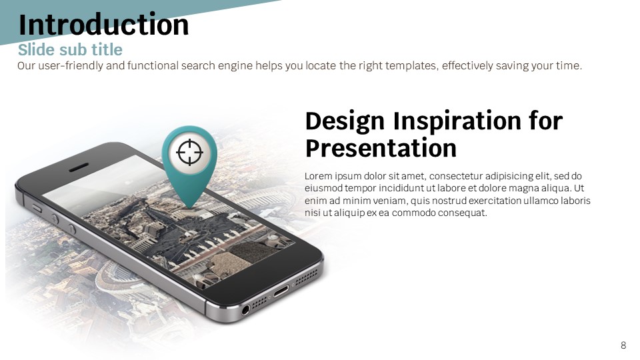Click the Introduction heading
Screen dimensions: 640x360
coord(104,25)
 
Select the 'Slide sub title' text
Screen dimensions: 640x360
coord(70,50)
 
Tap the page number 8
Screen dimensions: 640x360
coord(623,345)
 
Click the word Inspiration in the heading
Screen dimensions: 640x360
coord(457,121)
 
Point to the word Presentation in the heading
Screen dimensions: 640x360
coord(381,148)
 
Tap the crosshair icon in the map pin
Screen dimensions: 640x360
coord(189,152)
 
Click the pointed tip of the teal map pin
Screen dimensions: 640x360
coord(189,209)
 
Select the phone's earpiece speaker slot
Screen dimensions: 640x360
coord(79,167)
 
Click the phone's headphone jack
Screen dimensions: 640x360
coord(245,310)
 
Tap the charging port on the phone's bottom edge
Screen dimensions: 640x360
coord(281,291)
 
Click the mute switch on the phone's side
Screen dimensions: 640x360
coord(37,209)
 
